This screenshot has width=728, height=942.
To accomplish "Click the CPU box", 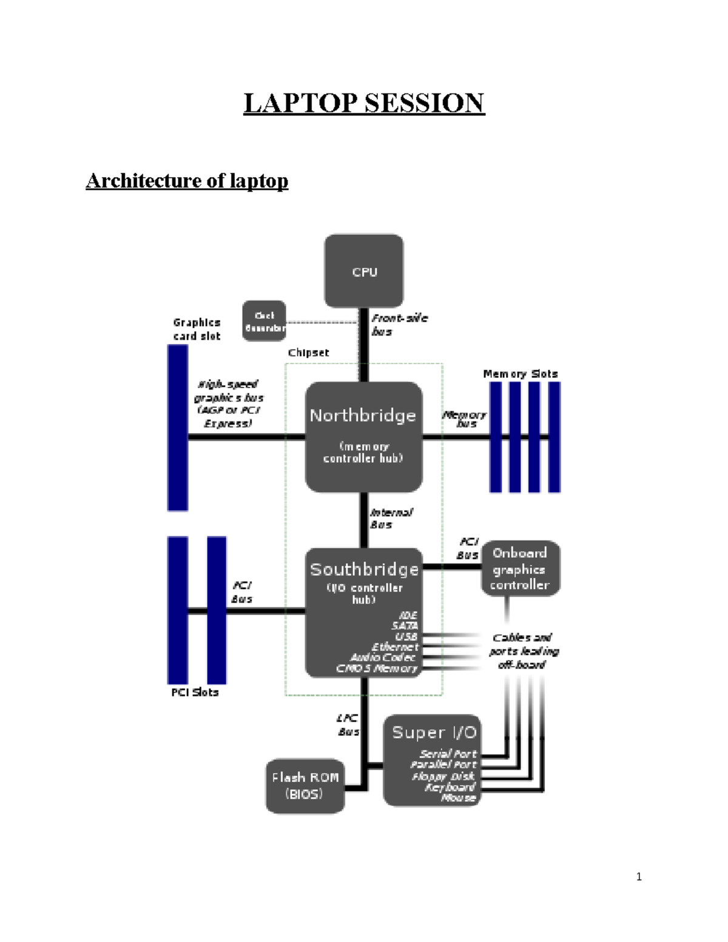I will (364, 271).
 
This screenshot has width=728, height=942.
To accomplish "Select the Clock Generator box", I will (264, 321).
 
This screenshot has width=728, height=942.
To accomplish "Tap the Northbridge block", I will (363, 436).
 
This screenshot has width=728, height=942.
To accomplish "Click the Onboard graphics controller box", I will (521, 568).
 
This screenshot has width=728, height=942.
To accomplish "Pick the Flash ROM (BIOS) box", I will (305, 786).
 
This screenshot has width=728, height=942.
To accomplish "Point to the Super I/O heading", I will (434, 732).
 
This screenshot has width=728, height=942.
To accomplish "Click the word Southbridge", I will (364, 569).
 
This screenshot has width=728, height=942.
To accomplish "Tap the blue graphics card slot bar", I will (178, 428).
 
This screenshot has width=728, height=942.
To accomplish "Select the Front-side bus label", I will (399, 325).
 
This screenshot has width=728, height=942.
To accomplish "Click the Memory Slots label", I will (520, 374).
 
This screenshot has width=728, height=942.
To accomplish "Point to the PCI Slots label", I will (195, 692).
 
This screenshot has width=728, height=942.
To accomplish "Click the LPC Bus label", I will (348, 725).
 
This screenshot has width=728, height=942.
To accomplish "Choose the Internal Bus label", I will (391, 519).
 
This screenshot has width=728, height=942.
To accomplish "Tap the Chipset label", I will (308, 352).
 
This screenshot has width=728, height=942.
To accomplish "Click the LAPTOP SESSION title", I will (364, 103).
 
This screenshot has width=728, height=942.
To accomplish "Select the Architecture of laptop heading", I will (187, 180).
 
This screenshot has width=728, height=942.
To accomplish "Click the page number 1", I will (639, 876).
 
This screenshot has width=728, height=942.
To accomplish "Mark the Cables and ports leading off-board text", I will (524, 651).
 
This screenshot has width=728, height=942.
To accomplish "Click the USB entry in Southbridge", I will (406, 636).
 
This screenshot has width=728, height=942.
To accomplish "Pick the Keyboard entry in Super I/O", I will (450, 787).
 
